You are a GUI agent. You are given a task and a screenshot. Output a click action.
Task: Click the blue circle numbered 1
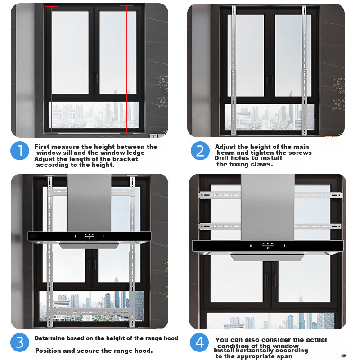pos(20,151)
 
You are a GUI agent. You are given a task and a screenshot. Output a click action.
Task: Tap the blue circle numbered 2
pos(200,151)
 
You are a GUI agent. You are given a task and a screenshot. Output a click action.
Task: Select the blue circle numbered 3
pos(20,342)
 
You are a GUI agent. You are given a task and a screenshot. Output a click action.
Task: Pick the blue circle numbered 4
pos(199,342)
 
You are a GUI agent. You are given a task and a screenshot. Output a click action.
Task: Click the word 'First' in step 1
pos(42,147)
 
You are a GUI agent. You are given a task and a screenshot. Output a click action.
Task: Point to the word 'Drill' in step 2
pos(221,158)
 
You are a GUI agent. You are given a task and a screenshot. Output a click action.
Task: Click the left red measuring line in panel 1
pos(51,70)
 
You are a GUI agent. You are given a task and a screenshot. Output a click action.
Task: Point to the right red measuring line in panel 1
pos(126,69)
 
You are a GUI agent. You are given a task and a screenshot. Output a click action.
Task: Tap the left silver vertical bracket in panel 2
pos(234,70)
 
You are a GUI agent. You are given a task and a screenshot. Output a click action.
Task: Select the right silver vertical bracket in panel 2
pos(304,70)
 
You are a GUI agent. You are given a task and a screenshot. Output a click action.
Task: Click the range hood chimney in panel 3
pos(89,202)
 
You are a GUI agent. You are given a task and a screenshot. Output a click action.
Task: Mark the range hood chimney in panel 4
pos(267,207)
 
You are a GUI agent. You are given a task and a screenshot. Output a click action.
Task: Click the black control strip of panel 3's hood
pos(89,236)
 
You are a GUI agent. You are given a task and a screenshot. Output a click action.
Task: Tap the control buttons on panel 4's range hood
pos(268,246)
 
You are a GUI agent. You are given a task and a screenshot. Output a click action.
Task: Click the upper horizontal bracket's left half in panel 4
pos(220,195)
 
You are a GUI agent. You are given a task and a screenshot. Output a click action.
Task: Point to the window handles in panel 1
pos(94,79)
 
